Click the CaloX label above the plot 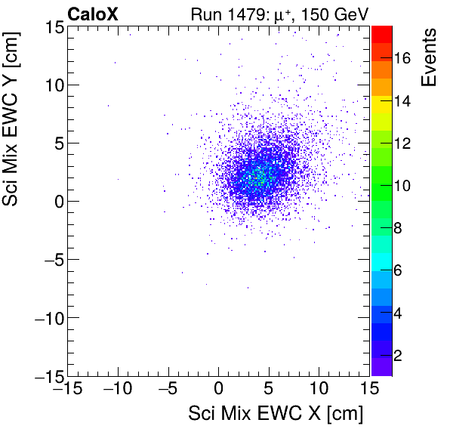point(91,13)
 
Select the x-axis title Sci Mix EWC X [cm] point(275,413)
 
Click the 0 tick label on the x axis point(219,390)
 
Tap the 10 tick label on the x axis point(319,390)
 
